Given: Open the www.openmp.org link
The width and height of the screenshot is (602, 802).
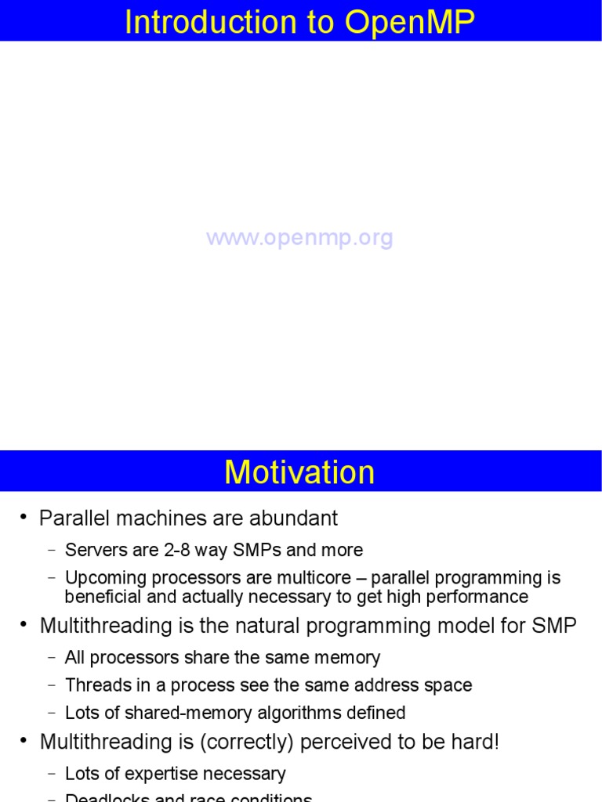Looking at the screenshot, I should (x=299, y=238).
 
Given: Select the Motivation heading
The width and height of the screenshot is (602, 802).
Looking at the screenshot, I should (x=299, y=473).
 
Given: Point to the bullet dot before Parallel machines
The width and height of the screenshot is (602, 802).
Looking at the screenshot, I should (x=23, y=518).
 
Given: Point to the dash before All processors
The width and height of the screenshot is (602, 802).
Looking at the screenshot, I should (x=52, y=658).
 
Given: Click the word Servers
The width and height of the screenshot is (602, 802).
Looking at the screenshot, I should (x=93, y=550).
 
